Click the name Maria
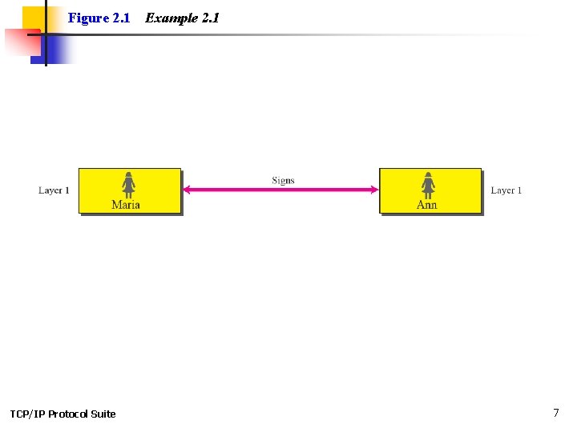[126, 205]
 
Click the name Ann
[427, 205]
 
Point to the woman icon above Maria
[128, 185]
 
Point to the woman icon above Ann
[428, 185]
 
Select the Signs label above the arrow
[283, 180]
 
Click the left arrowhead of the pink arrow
[187, 190]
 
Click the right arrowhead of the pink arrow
[373, 190]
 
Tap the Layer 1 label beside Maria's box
[54, 190]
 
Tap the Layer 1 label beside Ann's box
[506, 190]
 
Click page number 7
[556, 413]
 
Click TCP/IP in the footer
[27, 414]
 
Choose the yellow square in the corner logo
[34, 18]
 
